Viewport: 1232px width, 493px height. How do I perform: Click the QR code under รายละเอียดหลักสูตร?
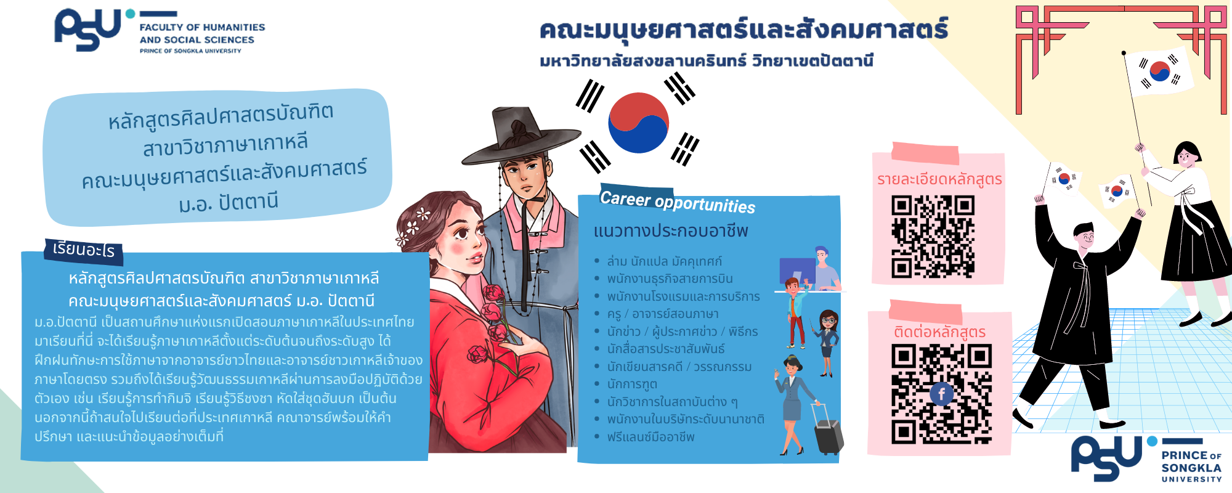[x=933, y=237]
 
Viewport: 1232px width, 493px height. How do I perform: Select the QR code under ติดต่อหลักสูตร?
[x=941, y=394]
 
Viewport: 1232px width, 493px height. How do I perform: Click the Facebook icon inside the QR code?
[x=941, y=394]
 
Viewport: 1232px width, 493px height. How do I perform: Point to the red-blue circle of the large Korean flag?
[x=638, y=123]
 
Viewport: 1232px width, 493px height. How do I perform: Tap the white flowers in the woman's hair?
[x=414, y=226]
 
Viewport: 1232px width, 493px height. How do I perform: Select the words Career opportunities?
[x=678, y=202]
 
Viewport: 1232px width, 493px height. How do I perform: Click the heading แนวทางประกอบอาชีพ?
[x=671, y=231]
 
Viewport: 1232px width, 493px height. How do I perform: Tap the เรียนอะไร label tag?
[x=84, y=250]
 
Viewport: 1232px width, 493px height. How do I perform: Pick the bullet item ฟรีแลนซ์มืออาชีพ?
[x=650, y=437]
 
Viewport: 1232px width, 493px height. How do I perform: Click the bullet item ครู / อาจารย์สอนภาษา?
[x=663, y=314]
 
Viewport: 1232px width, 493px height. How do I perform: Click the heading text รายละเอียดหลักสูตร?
[x=939, y=179]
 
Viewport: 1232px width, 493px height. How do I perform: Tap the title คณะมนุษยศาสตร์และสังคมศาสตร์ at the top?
[x=744, y=30]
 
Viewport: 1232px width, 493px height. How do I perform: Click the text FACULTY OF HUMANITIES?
[x=202, y=27]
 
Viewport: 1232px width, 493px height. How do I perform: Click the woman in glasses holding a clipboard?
[x=827, y=343]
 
